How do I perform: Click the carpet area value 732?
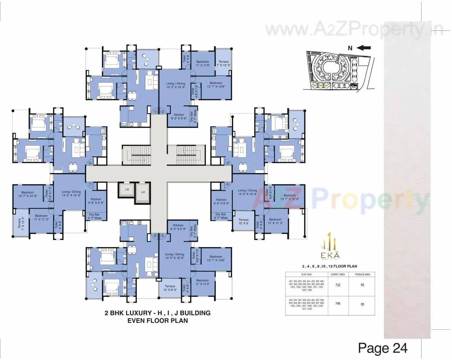(x=337, y=285)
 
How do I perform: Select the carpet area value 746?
(x=337, y=304)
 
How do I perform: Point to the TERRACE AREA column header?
(x=362, y=275)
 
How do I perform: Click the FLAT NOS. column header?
(x=306, y=275)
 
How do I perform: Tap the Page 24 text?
(x=383, y=348)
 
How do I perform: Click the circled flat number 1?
(x=155, y=112)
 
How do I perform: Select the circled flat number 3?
(x=228, y=163)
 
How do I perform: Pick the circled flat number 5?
(x=163, y=236)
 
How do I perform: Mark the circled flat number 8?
(x=90, y=163)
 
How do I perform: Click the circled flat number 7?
(x=90, y=184)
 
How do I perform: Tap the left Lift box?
(x=127, y=190)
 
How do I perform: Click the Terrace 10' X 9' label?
(x=244, y=222)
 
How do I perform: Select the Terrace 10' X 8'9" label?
(x=170, y=288)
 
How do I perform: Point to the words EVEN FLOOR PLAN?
(x=157, y=320)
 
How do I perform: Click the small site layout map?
(x=337, y=71)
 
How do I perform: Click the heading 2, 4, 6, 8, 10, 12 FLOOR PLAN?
(x=329, y=266)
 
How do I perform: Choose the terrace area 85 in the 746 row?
(x=362, y=304)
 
